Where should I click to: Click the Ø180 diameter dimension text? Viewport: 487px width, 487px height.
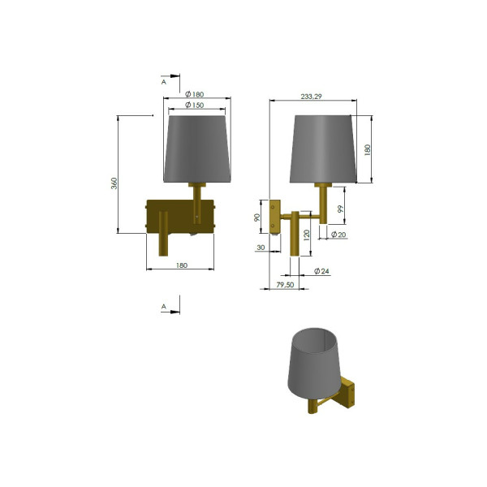pyautogui.click(x=194, y=95)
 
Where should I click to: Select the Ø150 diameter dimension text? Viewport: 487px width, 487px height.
pyautogui.click(x=194, y=106)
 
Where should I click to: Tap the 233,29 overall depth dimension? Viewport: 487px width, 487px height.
pyautogui.click(x=312, y=97)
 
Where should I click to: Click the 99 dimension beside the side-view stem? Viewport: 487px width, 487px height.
pyautogui.click(x=342, y=209)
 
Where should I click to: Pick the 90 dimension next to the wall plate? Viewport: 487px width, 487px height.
pyautogui.click(x=256, y=218)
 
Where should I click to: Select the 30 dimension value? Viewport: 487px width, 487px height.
pyautogui.click(x=261, y=247)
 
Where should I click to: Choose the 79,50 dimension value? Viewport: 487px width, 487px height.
pyautogui.click(x=285, y=286)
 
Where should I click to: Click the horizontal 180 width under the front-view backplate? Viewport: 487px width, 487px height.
pyautogui.click(x=181, y=265)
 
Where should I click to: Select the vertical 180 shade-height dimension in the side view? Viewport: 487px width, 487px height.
pyautogui.click(x=366, y=150)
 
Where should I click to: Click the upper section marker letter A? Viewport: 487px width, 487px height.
pyautogui.click(x=163, y=82)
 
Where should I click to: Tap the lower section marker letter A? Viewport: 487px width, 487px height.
pyautogui.click(x=163, y=307)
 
